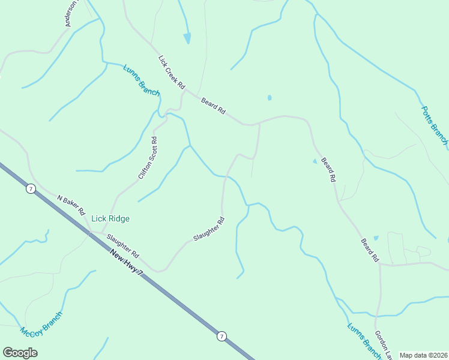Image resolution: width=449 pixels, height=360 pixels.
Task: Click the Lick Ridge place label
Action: [110, 219]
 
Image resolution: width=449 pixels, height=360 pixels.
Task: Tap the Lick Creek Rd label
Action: [172, 73]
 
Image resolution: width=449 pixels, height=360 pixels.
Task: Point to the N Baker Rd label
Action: [71, 205]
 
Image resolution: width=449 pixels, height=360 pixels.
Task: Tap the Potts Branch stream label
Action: [434, 125]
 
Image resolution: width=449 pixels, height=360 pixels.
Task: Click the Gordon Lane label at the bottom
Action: [382, 344]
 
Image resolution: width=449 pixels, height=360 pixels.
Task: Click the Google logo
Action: [20, 352]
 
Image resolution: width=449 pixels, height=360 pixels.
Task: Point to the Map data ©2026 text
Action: [424, 355]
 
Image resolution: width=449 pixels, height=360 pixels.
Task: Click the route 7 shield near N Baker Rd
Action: [31, 188]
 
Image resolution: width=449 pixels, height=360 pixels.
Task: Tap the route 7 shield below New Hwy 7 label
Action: [221, 336]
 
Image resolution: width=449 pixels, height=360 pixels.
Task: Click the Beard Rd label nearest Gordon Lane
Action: [370, 250]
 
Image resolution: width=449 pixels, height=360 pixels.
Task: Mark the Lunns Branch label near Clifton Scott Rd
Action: [142, 80]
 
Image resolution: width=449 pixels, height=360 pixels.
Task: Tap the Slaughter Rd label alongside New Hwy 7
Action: [123, 245]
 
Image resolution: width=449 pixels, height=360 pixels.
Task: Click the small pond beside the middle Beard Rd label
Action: [315, 161]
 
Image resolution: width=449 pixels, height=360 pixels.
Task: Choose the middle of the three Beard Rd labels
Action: [328, 169]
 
